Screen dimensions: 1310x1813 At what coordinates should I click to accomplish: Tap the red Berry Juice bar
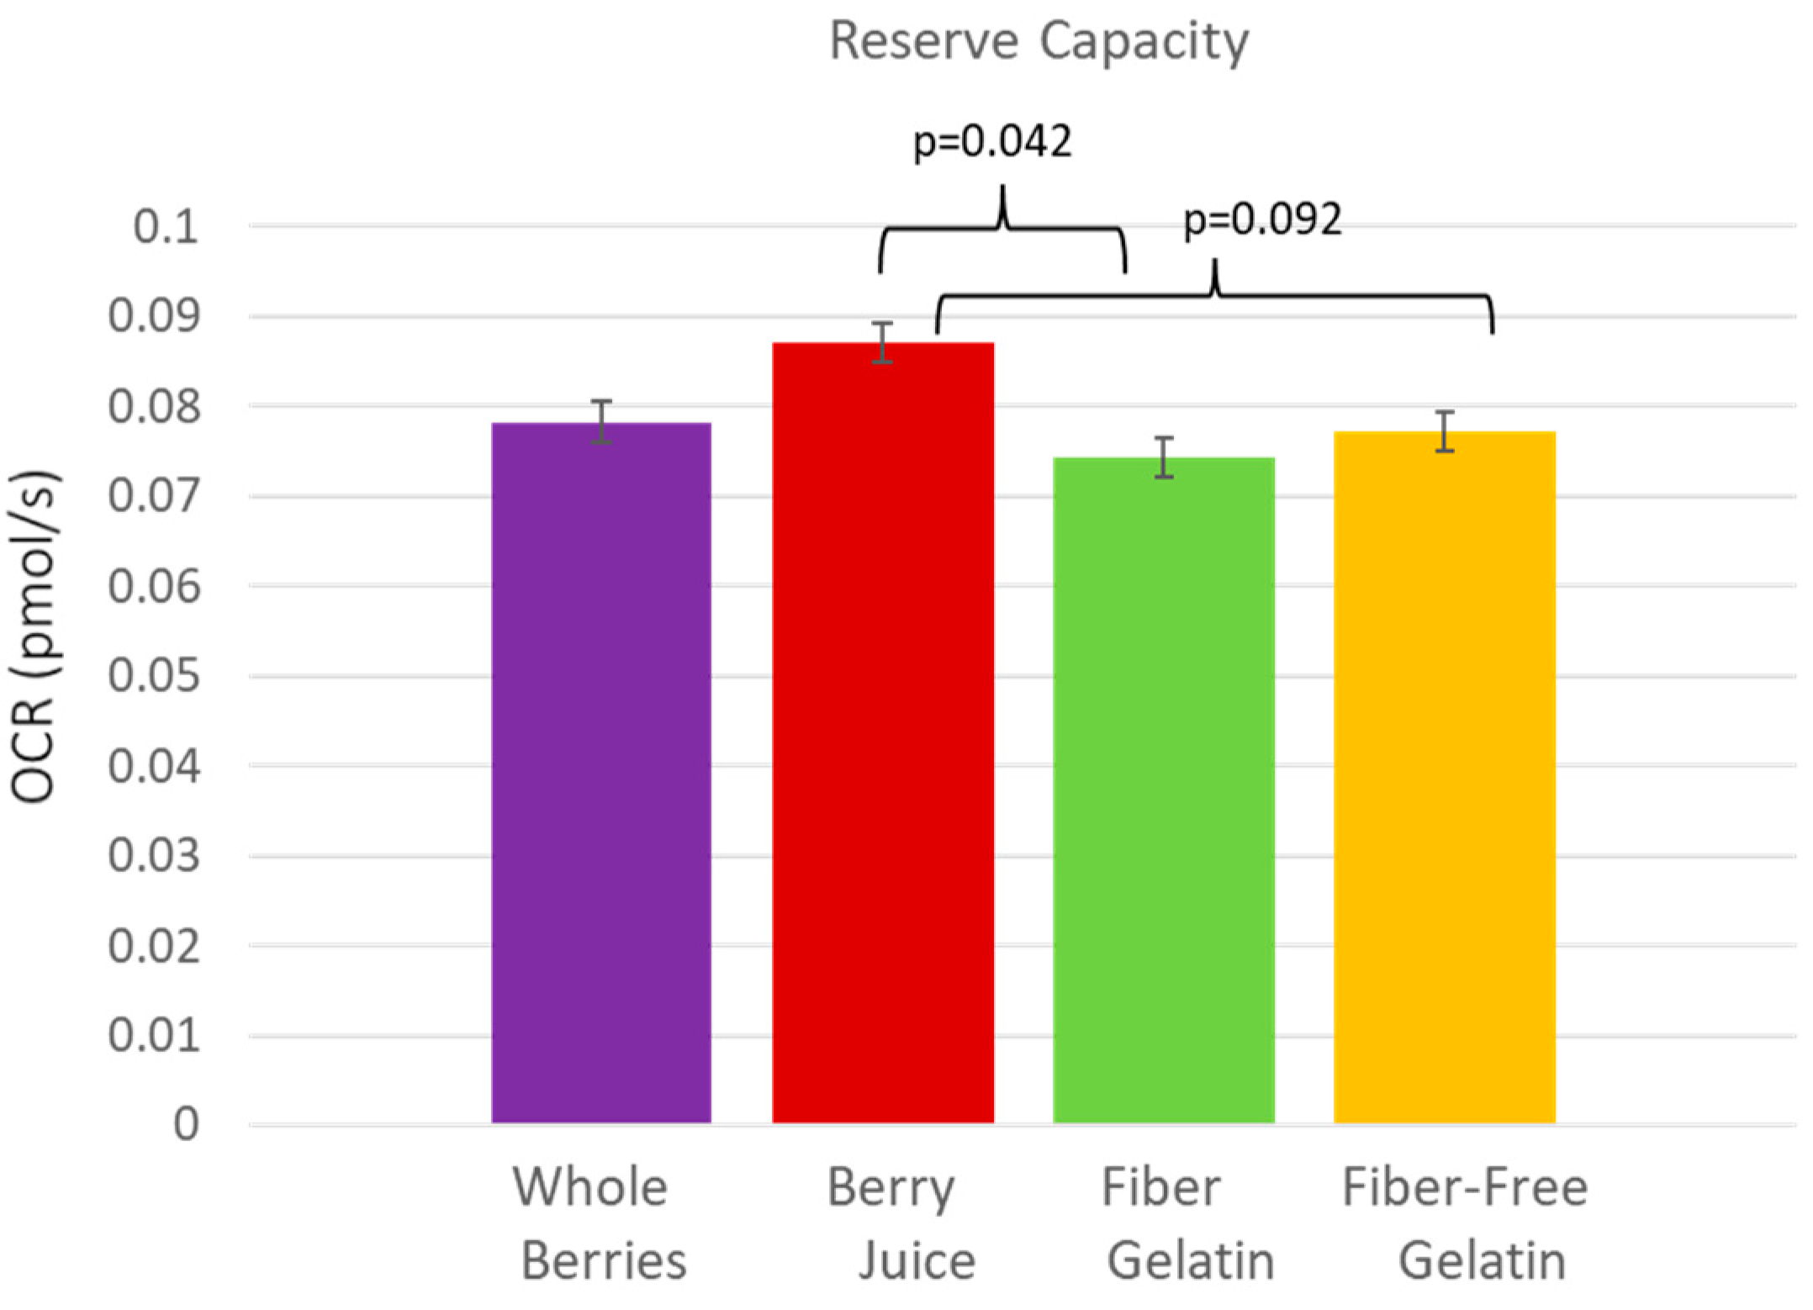coord(883,732)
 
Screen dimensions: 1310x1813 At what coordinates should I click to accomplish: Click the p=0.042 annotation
coord(992,141)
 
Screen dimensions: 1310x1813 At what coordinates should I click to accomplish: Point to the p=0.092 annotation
coord(1262,220)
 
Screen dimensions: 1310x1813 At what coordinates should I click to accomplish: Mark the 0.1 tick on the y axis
coord(166,227)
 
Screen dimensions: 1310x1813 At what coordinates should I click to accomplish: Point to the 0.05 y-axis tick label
coord(155,676)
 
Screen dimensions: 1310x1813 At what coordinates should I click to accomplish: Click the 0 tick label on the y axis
coord(186,1124)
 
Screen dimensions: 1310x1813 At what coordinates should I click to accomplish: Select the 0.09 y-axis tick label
coord(155,317)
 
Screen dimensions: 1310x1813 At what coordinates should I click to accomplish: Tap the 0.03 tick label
coord(155,856)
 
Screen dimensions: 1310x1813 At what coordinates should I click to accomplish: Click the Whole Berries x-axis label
coord(601,1223)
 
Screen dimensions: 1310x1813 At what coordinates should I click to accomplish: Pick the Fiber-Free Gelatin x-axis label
coord(1465,1223)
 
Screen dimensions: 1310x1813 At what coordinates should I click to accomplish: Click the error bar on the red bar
coord(882,342)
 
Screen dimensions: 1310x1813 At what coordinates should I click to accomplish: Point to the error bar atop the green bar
coord(1164,457)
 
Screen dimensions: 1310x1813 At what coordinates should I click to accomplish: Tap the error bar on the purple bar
coord(601,422)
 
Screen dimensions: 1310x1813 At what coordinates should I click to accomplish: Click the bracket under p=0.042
coord(1002,229)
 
